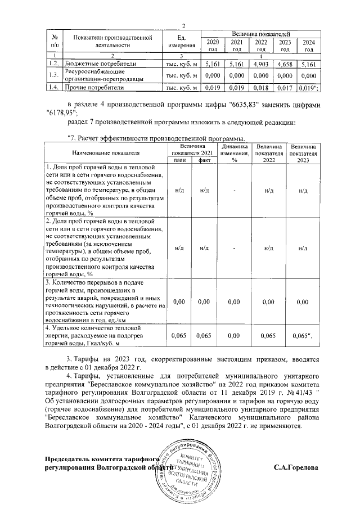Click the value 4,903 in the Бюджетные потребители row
coord(262,65)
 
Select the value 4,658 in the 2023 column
coord(286,65)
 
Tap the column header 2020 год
coord(213,46)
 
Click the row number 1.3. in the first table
coord(53,76)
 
